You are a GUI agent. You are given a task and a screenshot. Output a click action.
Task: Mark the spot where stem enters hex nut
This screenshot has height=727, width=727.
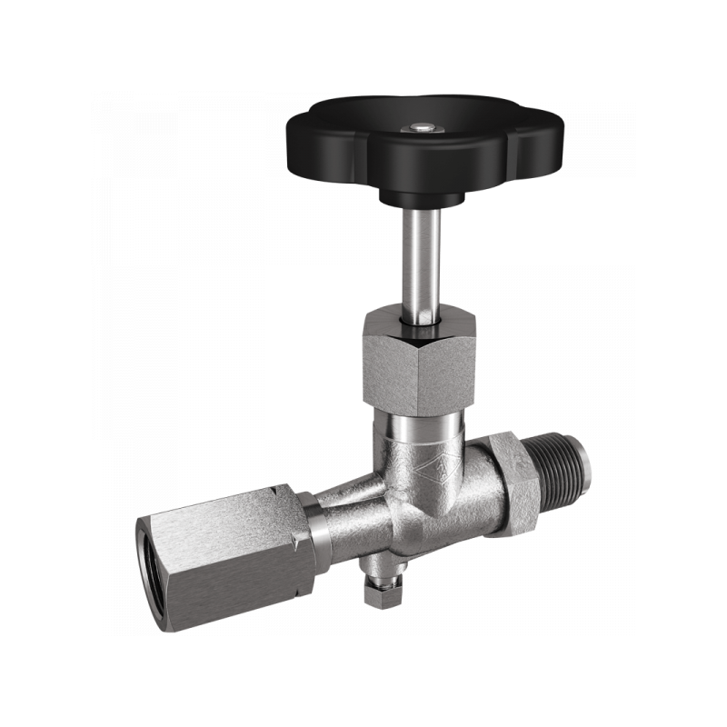(x=419, y=318)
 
